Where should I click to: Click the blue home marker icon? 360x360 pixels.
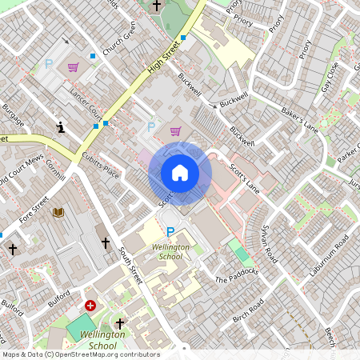point(180,173)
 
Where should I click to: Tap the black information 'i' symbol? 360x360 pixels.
point(61,126)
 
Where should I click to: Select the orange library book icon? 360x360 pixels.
point(58,212)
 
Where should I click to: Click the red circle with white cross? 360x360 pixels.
point(90,306)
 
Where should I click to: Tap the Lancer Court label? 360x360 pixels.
point(86,102)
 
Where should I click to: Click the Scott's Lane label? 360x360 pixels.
point(244,178)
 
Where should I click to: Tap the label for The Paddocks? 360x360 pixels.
point(237,276)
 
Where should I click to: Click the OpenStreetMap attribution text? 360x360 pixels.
point(80,354)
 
